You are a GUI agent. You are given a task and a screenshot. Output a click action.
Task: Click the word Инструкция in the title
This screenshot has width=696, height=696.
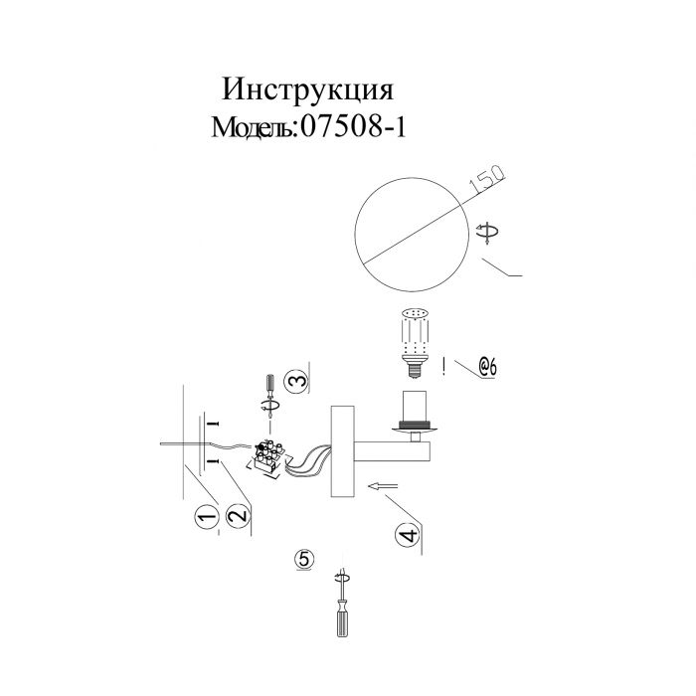point(307,90)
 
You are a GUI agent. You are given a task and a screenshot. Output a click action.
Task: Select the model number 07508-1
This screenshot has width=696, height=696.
point(353,127)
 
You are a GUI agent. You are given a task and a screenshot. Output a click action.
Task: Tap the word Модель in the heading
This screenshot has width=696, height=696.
point(253,127)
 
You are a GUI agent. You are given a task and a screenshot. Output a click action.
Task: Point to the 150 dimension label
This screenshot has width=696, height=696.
point(488,180)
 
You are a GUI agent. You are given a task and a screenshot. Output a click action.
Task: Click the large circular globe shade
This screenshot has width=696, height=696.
point(413,234)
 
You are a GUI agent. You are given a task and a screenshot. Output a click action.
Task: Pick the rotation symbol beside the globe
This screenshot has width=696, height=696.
point(487,234)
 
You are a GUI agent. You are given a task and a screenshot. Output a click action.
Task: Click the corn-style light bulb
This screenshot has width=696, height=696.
point(415,342)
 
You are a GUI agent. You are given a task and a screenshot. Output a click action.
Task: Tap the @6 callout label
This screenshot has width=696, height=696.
point(487,367)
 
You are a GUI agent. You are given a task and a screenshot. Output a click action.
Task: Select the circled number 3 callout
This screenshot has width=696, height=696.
point(295,381)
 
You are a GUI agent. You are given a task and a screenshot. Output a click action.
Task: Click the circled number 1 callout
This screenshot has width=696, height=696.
point(206,518)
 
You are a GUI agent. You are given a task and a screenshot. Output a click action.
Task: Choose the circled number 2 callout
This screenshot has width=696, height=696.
point(238,516)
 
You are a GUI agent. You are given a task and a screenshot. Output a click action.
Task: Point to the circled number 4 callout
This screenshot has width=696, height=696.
point(407,535)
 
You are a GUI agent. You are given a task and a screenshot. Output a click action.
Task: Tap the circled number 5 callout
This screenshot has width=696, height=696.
point(304,559)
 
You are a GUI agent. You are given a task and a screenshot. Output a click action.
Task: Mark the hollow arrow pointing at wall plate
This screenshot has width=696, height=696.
point(382,486)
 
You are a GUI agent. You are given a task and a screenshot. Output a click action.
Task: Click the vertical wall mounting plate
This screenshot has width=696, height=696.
point(342,451)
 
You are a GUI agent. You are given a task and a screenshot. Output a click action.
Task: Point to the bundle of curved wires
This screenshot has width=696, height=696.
point(307,464)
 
